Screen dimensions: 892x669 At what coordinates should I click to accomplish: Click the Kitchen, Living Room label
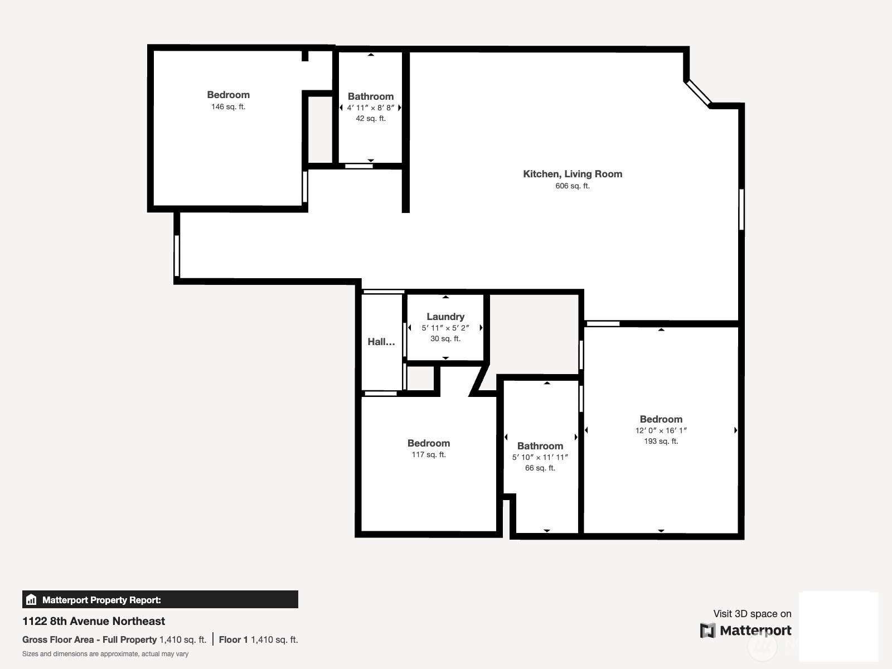[x=572, y=174]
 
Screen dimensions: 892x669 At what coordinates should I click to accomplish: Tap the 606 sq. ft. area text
[x=572, y=186]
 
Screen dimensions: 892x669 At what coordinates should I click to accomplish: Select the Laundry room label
[x=445, y=317]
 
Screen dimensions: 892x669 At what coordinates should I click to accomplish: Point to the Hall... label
[x=381, y=342]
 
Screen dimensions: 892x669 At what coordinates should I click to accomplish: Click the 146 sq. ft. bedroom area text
[x=228, y=106]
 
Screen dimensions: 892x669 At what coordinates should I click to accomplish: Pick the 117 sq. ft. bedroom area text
[x=428, y=454]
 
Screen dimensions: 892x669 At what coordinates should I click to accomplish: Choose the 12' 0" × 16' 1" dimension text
[x=661, y=430]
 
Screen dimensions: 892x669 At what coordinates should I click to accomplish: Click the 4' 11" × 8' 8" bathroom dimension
[x=371, y=108]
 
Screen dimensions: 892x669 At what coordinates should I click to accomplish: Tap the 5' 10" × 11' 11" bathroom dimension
[x=540, y=457]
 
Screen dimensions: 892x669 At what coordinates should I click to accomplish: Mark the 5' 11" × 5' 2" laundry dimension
[x=445, y=327]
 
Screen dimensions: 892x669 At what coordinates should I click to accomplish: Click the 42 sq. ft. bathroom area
[x=371, y=118]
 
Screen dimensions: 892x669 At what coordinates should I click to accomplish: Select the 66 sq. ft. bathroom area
[x=540, y=468]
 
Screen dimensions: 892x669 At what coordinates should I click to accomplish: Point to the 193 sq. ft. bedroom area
[x=661, y=441]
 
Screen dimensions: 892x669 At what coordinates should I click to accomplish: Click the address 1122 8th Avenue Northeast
[x=94, y=621]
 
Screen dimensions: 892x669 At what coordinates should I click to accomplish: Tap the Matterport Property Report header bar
[x=160, y=599]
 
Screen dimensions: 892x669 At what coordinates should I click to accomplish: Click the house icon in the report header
[x=31, y=599]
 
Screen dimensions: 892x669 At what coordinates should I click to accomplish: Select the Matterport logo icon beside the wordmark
[x=707, y=631]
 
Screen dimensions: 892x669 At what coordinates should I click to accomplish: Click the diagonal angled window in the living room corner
[x=698, y=94]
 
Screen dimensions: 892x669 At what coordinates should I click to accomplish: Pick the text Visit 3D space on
[x=752, y=614]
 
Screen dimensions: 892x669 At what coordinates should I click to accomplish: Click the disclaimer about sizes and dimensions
[x=105, y=654]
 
